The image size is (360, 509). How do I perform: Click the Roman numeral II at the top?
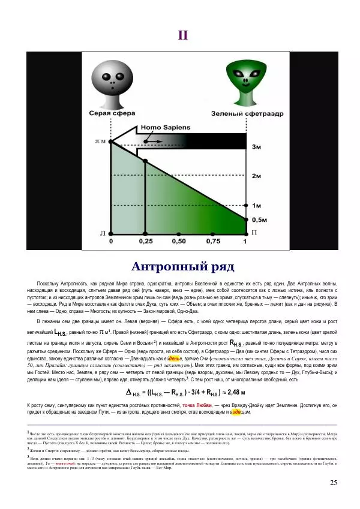point(183,34)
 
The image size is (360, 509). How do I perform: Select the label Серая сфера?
point(110,113)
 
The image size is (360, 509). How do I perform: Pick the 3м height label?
point(256,146)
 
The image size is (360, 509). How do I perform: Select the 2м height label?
point(256,176)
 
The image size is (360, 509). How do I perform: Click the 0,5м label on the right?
point(259,220)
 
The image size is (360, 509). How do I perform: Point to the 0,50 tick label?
point(179,242)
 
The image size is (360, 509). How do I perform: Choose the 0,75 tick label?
point(212,242)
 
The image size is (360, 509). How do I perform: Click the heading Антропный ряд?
point(182,266)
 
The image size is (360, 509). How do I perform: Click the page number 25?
point(334,483)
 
